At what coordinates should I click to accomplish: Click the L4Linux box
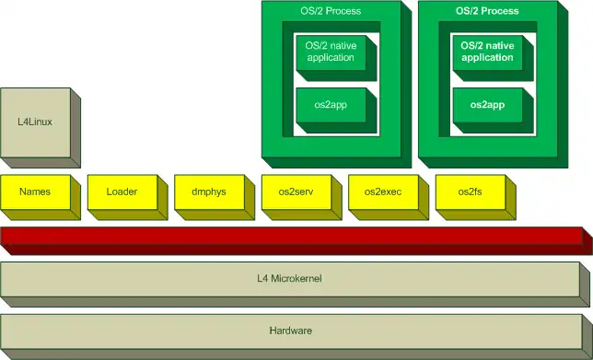click(33, 122)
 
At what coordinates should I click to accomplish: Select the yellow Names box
click(34, 192)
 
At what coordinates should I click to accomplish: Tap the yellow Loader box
click(122, 192)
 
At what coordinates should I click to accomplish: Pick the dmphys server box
click(208, 192)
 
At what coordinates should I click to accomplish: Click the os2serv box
click(296, 192)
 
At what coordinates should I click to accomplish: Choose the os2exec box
click(382, 192)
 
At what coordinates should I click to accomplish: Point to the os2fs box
click(470, 192)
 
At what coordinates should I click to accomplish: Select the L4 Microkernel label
click(289, 278)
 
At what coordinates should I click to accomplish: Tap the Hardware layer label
click(289, 331)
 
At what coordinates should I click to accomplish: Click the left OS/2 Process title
click(331, 11)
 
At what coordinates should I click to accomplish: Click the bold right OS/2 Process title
click(487, 11)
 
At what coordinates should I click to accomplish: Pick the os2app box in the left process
click(331, 105)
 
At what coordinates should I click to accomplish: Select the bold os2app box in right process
click(487, 105)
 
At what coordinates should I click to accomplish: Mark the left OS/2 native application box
click(331, 52)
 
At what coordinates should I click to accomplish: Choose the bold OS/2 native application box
click(487, 52)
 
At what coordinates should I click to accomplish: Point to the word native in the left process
click(342, 45)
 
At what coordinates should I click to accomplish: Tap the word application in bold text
click(487, 57)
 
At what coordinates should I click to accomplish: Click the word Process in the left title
click(343, 11)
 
